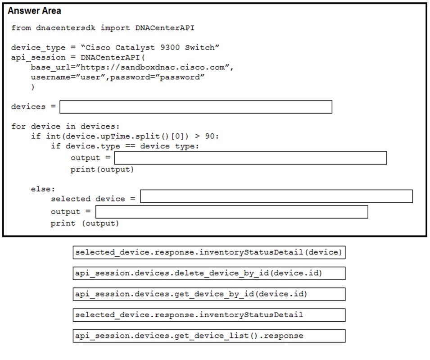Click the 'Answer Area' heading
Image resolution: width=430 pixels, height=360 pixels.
[34, 11]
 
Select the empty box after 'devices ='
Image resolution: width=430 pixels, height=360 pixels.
[196, 107]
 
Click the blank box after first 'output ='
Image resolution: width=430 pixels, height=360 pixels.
[250, 158]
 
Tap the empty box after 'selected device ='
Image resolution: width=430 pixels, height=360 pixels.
[276, 196]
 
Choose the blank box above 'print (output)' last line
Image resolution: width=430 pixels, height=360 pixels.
[232, 212]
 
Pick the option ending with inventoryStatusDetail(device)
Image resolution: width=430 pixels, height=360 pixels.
[209, 252]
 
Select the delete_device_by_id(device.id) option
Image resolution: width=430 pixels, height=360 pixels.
[209, 273]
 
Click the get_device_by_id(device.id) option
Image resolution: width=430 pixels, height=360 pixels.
[209, 294]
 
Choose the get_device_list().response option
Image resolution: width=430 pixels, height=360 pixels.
[209, 336]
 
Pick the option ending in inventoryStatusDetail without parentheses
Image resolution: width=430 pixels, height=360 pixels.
[209, 315]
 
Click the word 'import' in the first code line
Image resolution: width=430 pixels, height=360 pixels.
[115, 28]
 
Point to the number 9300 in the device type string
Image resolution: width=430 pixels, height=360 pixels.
[170, 47]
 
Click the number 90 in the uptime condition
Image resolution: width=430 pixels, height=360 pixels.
[210, 136]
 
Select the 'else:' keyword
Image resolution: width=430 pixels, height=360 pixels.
[43, 189]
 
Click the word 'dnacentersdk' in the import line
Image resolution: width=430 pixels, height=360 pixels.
[66, 28]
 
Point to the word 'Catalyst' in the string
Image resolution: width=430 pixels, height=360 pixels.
[135, 48]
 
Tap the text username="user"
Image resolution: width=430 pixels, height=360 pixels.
[68, 77]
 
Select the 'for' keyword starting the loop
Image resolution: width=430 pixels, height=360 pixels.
[18, 126]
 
